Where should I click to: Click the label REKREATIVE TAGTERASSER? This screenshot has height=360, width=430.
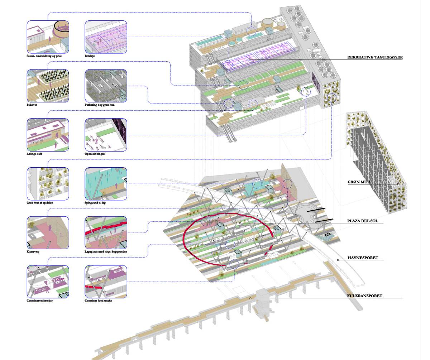pos(375,57)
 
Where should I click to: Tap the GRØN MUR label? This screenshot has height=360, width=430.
pos(359,182)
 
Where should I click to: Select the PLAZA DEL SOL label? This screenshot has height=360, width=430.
pos(363,221)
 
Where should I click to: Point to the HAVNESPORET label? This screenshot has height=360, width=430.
pos(363,258)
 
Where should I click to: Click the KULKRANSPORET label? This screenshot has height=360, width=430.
pos(365,296)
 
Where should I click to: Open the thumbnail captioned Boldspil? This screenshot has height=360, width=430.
pos(106,37)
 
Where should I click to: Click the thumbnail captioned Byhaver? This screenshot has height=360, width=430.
pos(48,86)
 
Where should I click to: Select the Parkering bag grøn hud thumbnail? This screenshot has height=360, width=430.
pos(106,86)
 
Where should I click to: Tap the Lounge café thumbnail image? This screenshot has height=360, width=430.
pos(48,135)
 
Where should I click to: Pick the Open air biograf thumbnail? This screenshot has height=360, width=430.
pos(106,135)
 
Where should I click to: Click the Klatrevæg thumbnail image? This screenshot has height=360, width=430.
pos(48,232)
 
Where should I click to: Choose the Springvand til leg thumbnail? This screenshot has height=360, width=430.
pos(106,184)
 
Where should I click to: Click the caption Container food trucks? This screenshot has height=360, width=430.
pos(98,301)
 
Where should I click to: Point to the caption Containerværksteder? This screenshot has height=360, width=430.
pos(39,301)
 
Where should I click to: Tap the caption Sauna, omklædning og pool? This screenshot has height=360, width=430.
pos(44,56)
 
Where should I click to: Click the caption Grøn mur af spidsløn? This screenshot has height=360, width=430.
pos(40,203)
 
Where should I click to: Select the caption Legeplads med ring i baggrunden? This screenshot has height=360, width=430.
pos(106,251)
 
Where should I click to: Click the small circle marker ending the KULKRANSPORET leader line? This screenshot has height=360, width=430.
pos(250,298)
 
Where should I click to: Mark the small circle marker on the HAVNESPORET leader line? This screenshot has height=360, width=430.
pos(338,260)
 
